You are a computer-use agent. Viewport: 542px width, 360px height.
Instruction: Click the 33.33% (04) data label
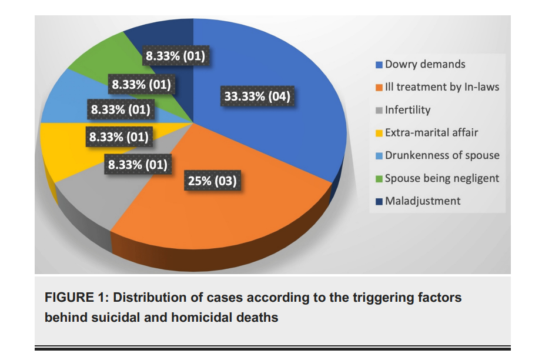257,96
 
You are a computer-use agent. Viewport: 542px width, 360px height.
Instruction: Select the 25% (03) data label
212,181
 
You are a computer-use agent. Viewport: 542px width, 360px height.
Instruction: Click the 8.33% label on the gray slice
138,164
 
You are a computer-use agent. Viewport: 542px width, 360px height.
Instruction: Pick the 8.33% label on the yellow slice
119,136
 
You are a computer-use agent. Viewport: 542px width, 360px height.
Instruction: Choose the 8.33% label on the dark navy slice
175,56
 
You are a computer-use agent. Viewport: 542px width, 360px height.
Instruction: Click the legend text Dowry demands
425,64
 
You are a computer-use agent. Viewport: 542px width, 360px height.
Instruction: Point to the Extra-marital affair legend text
431,132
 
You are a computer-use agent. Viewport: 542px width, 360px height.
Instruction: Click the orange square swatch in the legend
379,88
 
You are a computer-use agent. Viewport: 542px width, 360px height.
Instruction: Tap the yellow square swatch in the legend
379,133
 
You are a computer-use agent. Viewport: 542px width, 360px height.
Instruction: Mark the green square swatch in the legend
379,179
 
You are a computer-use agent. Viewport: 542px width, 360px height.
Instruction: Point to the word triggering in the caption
382,298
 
